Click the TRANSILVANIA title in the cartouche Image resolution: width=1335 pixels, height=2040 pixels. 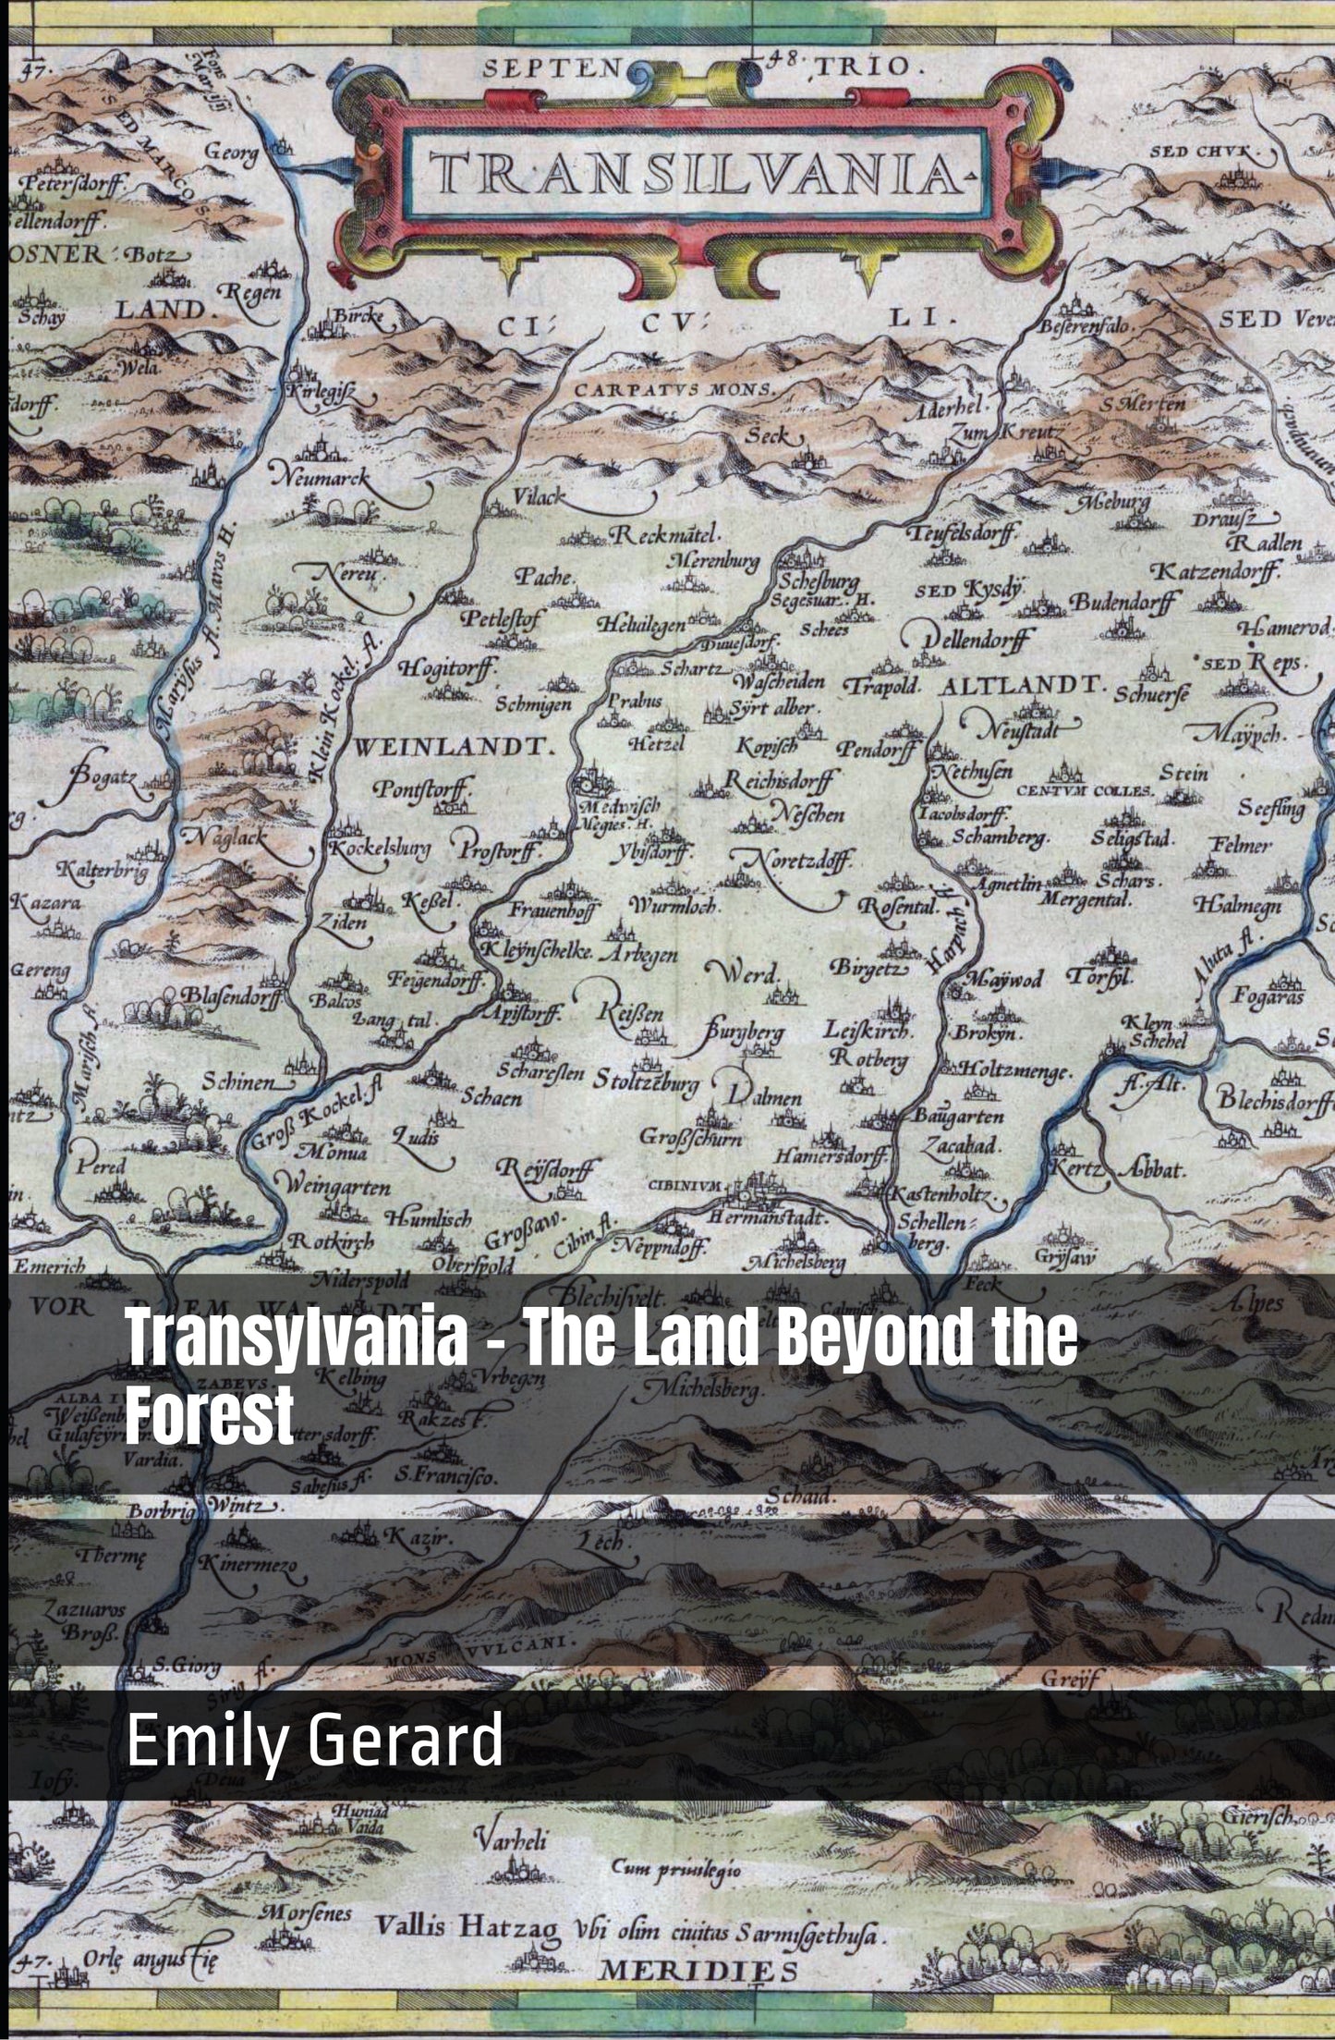(699, 172)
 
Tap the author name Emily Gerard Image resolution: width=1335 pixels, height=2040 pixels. (315, 1741)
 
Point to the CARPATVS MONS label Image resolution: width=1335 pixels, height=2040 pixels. (674, 389)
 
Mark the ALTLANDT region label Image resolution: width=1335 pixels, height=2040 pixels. (1021, 687)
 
